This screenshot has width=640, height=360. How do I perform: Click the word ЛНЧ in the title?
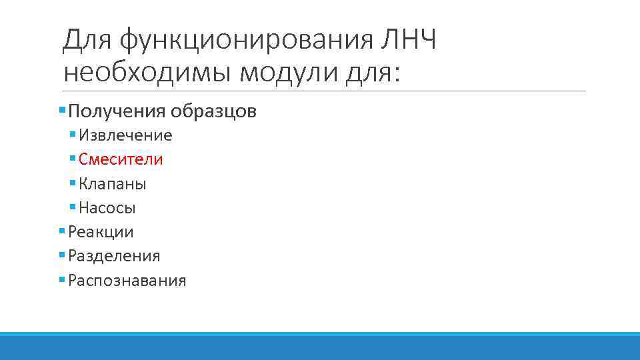(x=407, y=41)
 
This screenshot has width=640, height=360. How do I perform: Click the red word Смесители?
(x=121, y=159)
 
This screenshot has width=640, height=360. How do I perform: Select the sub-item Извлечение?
(x=125, y=135)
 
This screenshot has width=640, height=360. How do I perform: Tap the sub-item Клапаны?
(x=112, y=183)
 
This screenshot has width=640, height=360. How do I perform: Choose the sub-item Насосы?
(x=107, y=208)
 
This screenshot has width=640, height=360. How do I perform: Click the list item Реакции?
(x=101, y=232)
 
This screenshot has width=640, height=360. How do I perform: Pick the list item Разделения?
(x=114, y=256)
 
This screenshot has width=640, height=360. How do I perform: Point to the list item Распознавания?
(x=127, y=281)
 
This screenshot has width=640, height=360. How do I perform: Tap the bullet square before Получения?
(x=62, y=109)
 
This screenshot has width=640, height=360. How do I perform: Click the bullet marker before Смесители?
(x=73, y=159)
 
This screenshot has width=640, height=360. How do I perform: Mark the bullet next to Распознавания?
(x=62, y=280)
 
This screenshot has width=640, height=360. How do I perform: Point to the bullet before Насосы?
(x=73, y=207)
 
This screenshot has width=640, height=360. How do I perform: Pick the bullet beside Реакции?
(x=62, y=231)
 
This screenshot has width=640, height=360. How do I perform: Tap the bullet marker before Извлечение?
(x=73, y=135)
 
